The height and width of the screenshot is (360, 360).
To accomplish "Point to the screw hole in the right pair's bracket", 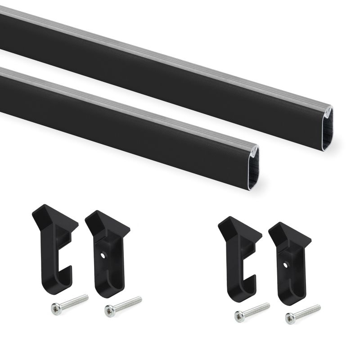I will [x=285, y=265].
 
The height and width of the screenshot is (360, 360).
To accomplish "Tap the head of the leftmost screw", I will [x=56, y=309].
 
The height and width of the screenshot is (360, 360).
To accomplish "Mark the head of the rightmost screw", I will [x=291, y=319].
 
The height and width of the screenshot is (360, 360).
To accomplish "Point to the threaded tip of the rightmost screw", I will [x=317, y=307].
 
